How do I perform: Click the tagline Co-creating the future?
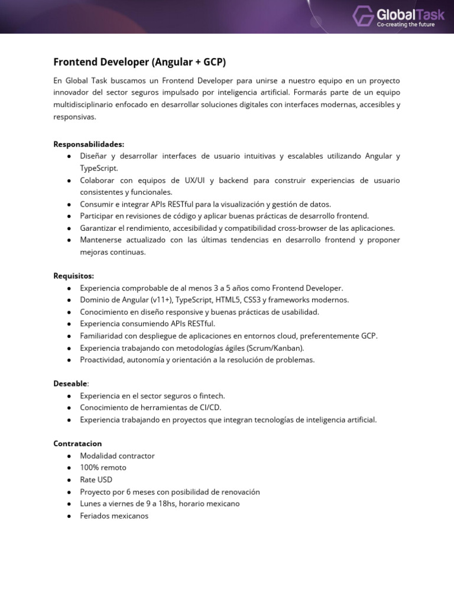tap(406, 24)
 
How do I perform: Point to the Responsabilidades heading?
tap(89, 144)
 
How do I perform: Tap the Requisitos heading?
tap(74, 275)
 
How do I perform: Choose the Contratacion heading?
tap(78, 443)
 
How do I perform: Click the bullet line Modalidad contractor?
tap(117, 456)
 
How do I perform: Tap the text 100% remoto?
tap(103, 468)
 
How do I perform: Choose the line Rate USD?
tap(96, 479)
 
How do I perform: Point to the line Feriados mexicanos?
tap(114, 515)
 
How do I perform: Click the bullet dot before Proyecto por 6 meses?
tap(70, 492)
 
